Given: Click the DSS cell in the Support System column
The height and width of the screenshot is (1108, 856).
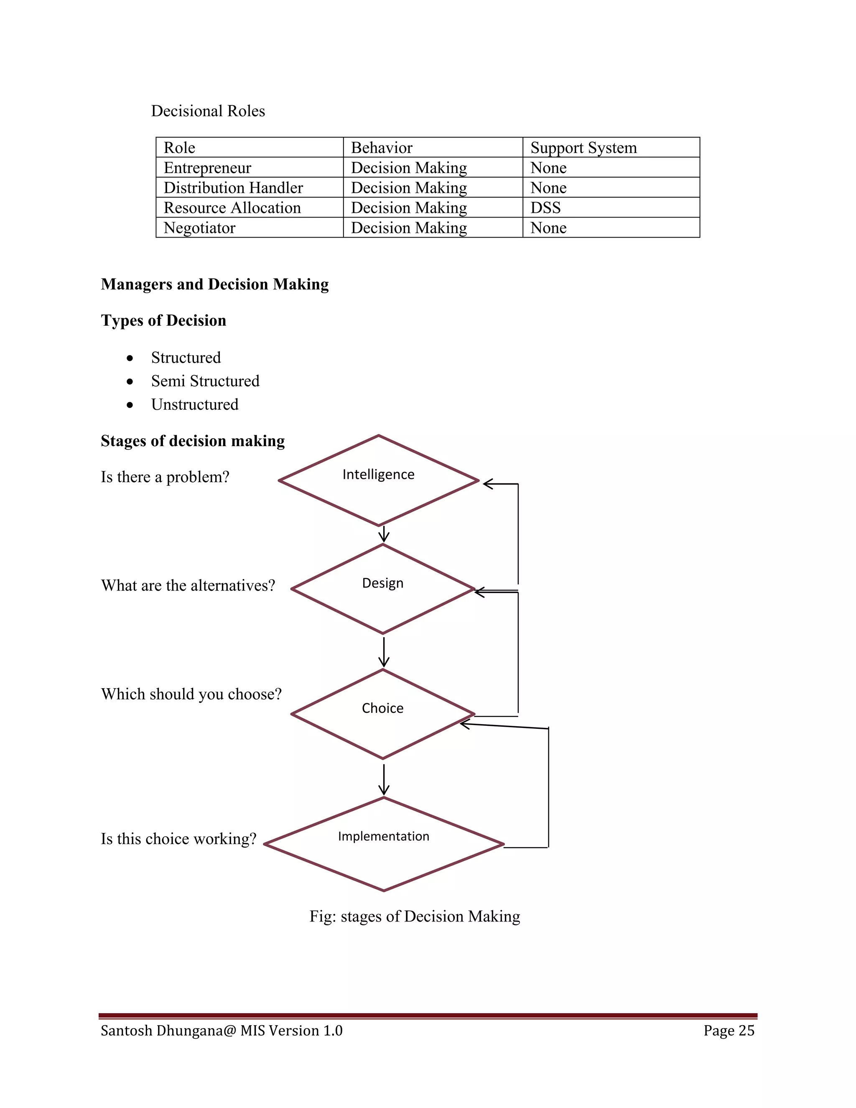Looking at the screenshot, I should pyautogui.click(x=545, y=207).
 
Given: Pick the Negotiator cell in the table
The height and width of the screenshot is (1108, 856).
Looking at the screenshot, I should pyautogui.click(x=199, y=228).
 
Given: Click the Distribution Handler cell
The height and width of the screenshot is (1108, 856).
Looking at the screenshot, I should pyautogui.click(x=233, y=188).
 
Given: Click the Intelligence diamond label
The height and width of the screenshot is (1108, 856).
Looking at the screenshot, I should pyautogui.click(x=378, y=475).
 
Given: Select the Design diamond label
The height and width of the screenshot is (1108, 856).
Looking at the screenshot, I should pyautogui.click(x=382, y=583).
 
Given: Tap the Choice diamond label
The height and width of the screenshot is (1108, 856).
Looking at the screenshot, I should pyautogui.click(x=382, y=708).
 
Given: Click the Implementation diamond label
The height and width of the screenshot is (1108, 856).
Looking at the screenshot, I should pyautogui.click(x=383, y=836).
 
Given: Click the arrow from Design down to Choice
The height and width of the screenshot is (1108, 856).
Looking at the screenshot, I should pyautogui.click(x=384, y=652).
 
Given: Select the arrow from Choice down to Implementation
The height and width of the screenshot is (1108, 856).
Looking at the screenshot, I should pyautogui.click(x=384, y=779).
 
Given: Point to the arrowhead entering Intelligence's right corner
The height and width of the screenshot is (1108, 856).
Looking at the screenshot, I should pyautogui.click(x=488, y=484).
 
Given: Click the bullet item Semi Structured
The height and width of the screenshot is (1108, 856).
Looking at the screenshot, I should pyautogui.click(x=205, y=381).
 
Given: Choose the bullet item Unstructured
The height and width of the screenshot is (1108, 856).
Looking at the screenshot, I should pyautogui.click(x=195, y=404).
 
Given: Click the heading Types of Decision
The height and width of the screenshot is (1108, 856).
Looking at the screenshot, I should pyautogui.click(x=163, y=321).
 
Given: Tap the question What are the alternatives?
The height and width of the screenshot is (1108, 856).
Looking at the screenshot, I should pyautogui.click(x=188, y=585).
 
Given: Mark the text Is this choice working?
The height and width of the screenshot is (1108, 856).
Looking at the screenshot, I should pyautogui.click(x=178, y=839).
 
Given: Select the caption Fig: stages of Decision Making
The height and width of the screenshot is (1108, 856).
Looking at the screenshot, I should pyautogui.click(x=414, y=916).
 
